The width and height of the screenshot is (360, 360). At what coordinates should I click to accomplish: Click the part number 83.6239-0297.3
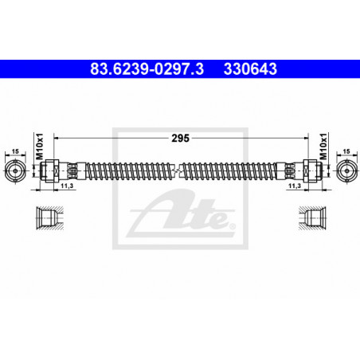click(147, 68)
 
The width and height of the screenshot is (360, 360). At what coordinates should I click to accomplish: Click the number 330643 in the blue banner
click(250, 68)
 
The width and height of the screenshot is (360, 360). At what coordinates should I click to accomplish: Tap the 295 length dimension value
click(180, 138)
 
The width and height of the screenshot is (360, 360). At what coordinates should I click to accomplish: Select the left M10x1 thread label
click(40, 147)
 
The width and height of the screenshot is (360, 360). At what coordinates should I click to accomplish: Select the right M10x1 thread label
click(323, 147)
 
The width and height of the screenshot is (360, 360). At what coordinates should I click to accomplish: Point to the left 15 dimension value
click(15, 151)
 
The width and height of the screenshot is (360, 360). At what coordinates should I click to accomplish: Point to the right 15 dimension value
click(346, 151)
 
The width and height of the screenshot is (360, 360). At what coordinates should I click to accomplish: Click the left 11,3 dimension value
click(67, 186)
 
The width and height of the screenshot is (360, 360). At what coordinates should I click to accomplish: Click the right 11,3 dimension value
click(295, 186)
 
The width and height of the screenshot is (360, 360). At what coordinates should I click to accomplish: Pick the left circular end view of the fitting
click(15, 170)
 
